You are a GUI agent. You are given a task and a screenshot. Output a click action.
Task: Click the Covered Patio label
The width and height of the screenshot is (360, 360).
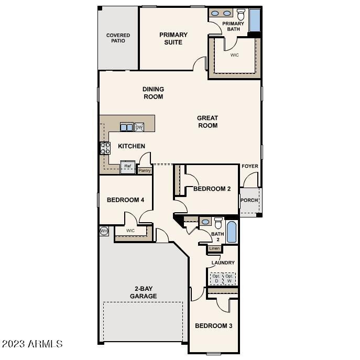coord(118,38)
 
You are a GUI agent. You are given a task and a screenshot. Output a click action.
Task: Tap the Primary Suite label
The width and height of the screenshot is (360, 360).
coord(173,38)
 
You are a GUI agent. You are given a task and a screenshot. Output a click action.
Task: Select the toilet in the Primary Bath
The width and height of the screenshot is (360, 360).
coord(241,14)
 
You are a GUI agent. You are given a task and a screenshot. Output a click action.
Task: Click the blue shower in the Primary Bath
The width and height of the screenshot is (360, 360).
coord(254,20)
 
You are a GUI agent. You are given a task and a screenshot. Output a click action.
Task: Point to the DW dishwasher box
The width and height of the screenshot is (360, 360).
coord(139,127)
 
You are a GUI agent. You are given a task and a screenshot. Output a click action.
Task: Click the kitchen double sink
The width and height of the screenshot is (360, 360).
coord(126,127)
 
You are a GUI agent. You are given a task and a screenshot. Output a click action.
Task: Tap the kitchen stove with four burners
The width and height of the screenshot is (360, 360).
coord(105,148)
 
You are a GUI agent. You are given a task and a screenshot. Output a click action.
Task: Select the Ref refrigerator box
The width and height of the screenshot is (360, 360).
coord(127,167)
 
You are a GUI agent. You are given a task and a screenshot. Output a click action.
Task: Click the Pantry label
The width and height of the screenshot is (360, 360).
coord(144,170)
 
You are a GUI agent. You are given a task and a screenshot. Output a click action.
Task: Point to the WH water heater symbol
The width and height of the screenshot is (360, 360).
coord(104,231)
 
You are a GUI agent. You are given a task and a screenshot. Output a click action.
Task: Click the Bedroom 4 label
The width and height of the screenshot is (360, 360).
coord(125,200)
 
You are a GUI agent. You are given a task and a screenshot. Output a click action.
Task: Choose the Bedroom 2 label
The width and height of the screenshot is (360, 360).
coord(212,189)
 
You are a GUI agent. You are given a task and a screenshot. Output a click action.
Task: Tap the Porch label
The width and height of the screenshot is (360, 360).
coord(249,200)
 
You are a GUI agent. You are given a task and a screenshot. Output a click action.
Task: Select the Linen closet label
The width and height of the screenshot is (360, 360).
coord(214,248)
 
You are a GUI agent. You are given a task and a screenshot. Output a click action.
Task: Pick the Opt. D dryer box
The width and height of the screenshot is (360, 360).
coord(216,278)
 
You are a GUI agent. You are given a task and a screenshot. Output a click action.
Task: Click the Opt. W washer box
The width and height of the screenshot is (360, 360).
coord(230,278)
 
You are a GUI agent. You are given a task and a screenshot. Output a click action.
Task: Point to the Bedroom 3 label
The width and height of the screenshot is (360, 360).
coord(213,326)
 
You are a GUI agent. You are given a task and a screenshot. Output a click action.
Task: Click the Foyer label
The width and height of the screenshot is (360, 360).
coord(249,166)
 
